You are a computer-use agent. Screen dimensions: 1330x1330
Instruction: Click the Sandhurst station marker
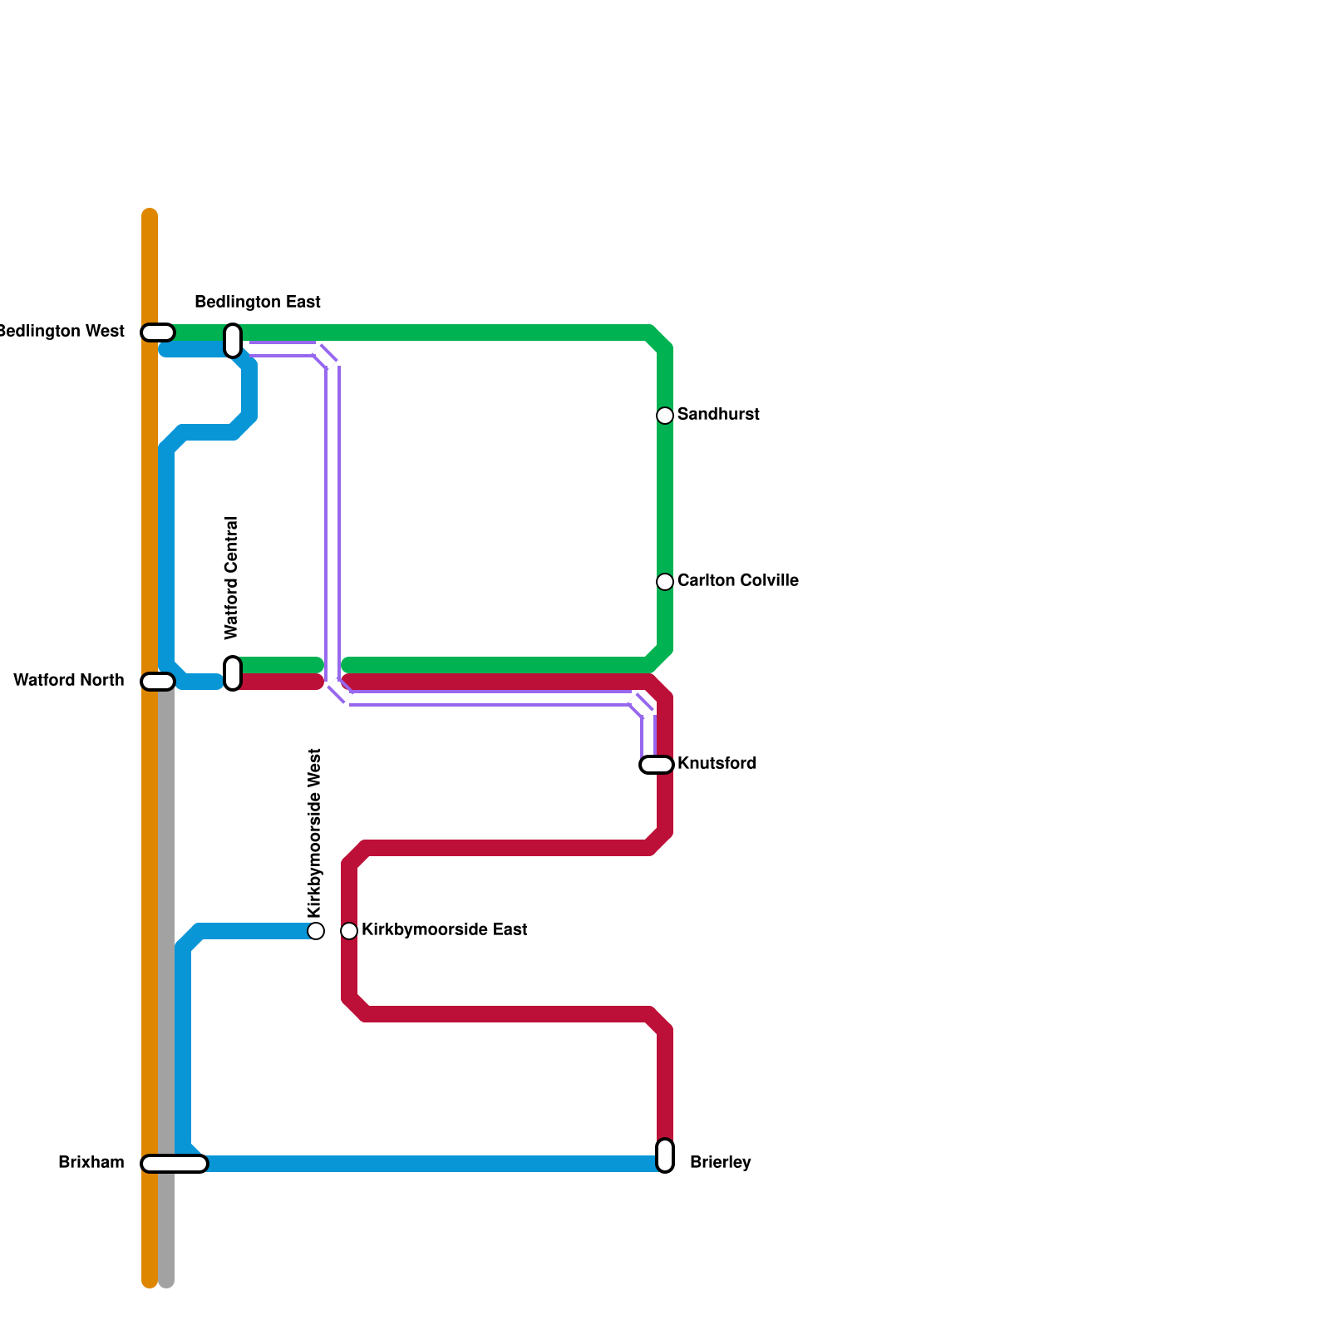point(665,416)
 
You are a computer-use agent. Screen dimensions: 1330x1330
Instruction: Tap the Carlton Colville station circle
point(665,582)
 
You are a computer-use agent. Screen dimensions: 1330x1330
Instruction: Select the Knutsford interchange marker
point(657,765)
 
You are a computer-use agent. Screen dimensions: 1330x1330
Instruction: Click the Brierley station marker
point(665,1155)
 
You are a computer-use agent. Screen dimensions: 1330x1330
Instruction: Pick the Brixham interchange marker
point(175,1164)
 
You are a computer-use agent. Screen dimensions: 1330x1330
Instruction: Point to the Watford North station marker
point(158,682)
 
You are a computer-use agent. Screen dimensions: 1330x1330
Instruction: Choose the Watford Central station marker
point(233,673)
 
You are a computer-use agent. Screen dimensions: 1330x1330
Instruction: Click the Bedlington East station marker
point(233,341)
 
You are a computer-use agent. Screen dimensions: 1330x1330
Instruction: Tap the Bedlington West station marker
point(158,332)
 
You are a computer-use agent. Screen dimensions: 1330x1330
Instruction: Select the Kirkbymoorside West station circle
point(316,931)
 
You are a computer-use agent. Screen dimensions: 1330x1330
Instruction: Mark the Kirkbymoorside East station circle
point(349,931)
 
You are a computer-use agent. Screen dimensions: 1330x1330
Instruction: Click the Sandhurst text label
point(718,414)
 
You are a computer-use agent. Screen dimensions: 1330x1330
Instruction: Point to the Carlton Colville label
point(737,580)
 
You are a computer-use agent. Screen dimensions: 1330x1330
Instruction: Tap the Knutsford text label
point(717,763)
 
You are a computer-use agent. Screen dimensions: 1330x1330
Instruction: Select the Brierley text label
point(720,1162)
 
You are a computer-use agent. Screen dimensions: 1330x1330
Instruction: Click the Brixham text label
point(91,1162)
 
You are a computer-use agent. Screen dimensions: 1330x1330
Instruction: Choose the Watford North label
point(69,680)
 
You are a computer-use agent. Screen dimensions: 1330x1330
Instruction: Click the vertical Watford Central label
point(232,579)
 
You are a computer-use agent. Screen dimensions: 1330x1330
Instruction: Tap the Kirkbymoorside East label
point(444,929)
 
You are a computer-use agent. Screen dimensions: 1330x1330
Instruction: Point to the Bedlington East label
point(258,302)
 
